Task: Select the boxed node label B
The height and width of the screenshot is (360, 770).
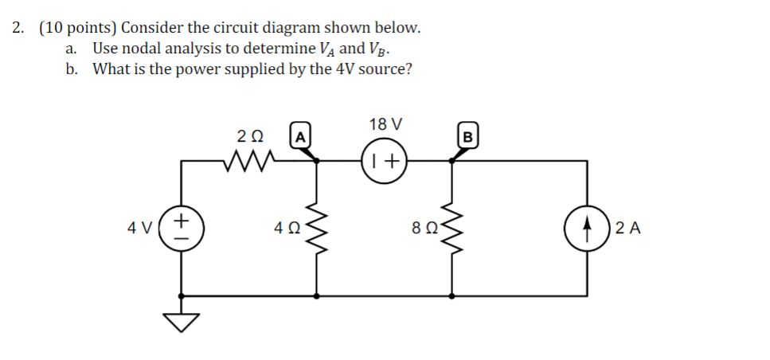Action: (x=468, y=136)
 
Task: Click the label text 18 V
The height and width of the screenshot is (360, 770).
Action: (x=385, y=124)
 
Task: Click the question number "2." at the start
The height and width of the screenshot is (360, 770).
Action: (x=19, y=28)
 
